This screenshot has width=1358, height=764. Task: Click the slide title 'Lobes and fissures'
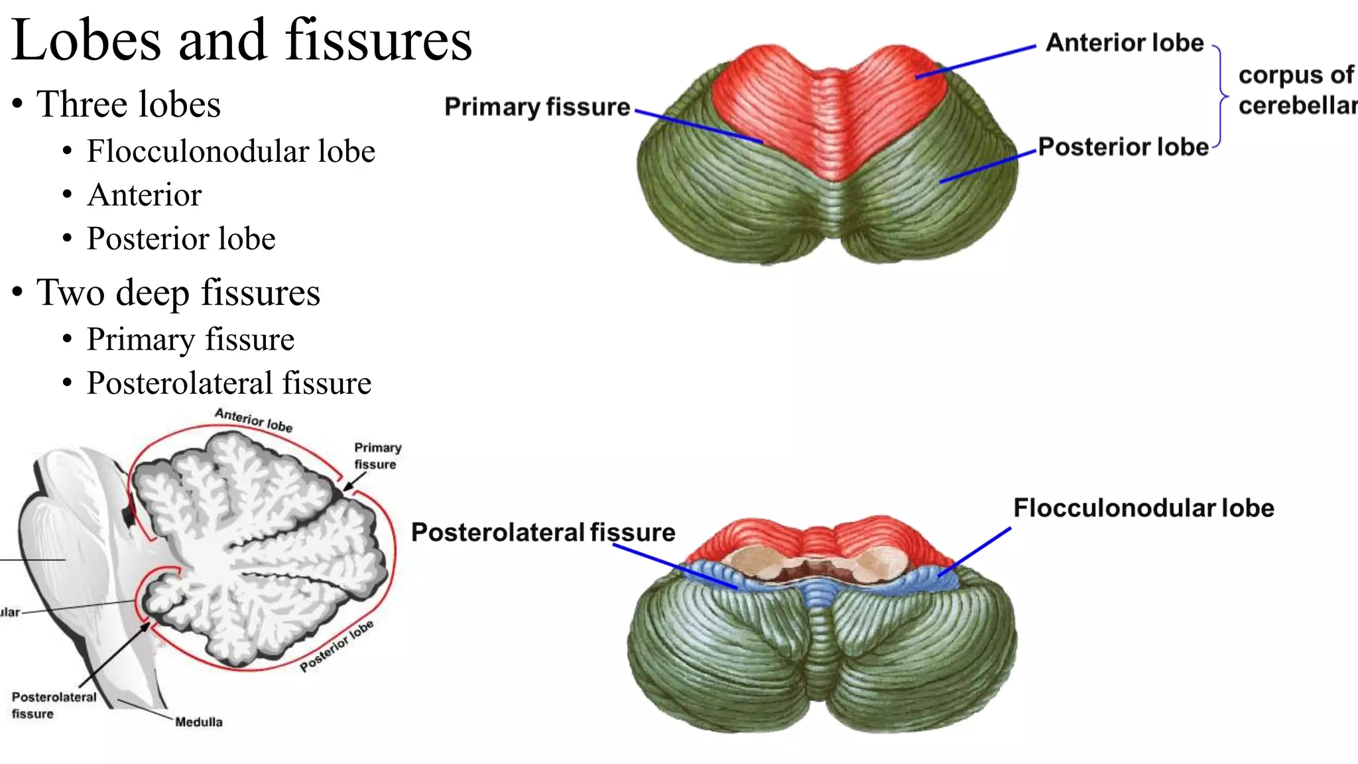coord(241,41)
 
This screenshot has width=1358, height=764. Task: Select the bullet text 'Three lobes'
coord(128,105)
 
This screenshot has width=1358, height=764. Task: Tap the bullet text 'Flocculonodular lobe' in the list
coord(231,151)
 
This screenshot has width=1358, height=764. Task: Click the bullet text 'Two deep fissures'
coord(178,292)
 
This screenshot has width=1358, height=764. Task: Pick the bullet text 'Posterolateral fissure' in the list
coord(229,383)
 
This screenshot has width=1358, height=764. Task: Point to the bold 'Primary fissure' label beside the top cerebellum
coord(537,107)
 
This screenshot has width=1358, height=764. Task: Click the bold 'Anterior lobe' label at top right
coord(1125,43)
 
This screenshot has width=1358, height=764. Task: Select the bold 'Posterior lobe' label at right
coord(1123,147)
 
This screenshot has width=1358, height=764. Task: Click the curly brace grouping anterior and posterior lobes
coord(1221,97)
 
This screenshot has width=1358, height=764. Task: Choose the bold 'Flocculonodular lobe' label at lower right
coord(1144,508)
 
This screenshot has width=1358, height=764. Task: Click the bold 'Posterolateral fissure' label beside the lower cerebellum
coord(543,533)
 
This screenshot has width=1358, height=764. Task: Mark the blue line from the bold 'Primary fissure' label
coord(700,126)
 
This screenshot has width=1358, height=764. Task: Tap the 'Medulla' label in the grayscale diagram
coord(198,722)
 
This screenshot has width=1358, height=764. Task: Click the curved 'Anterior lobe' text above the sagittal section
coord(253,420)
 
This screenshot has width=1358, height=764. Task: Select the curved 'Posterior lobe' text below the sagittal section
coord(336,646)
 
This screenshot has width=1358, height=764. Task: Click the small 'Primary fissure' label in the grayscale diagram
coord(377,456)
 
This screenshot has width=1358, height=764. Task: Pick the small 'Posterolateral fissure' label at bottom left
coord(54,705)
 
